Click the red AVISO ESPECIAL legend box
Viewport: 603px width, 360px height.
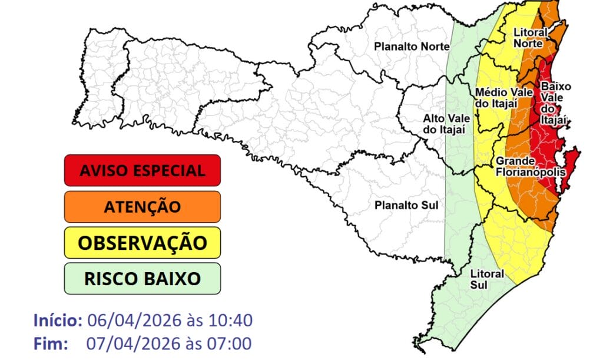(143, 170)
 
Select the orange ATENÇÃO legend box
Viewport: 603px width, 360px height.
(143, 207)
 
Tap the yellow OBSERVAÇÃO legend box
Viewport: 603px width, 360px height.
(143, 243)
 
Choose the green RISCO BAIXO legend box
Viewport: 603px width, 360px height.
(143, 278)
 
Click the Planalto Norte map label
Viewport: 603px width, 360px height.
(405, 47)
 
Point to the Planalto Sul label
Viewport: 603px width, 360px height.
(406, 205)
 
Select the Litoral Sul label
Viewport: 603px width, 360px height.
(488, 279)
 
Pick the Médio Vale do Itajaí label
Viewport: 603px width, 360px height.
(496, 98)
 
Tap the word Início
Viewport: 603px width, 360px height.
(58, 321)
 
